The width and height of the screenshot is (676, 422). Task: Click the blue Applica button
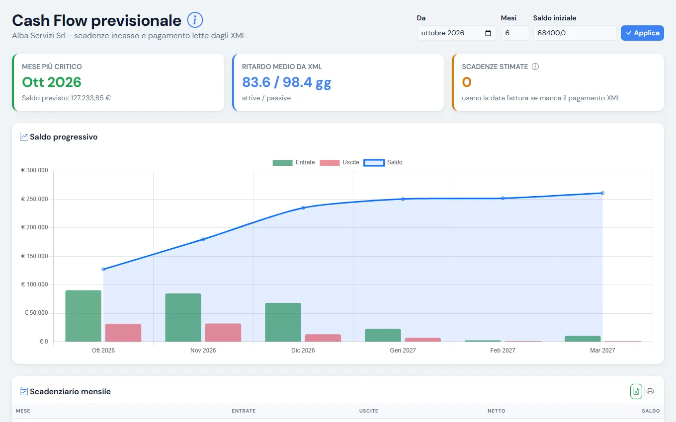pyautogui.click(x=642, y=33)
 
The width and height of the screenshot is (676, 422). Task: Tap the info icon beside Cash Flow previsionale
pyautogui.click(x=195, y=20)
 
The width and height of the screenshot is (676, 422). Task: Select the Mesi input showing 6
pyautogui.click(x=515, y=33)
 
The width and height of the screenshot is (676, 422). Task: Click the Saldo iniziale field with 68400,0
pyautogui.click(x=575, y=33)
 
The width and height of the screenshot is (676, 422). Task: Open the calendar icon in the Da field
pyautogui.click(x=488, y=33)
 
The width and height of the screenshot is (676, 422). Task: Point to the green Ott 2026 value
pyautogui.click(x=52, y=82)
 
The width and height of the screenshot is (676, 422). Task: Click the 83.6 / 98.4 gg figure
pyautogui.click(x=286, y=82)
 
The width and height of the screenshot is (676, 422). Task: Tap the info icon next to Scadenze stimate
pyautogui.click(x=535, y=67)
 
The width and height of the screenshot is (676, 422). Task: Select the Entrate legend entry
pyautogui.click(x=293, y=162)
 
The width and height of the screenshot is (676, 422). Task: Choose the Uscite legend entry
pyautogui.click(x=339, y=162)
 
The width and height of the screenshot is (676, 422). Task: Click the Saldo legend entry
pyautogui.click(x=383, y=162)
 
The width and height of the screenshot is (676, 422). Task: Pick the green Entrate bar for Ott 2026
pyautogui.click(x=84, y=316)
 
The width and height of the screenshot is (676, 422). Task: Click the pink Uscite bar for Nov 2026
pyautogui.click(x=223, y=333)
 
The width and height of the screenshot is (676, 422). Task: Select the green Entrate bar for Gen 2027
pyautogui.click(x=383, y=335)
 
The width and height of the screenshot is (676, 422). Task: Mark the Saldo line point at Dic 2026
pyautogui.click(x=303, y=208)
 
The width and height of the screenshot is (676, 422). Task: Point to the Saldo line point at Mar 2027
pyautogui.click(x=602, y=193)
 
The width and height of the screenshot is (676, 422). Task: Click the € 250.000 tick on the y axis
pyautogui.click(x=34, y=199)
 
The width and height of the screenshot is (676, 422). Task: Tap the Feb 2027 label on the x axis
pyautogui.click(x=503, y=351)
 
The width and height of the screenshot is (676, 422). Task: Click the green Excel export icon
pyautogui.click(x=636, y=392)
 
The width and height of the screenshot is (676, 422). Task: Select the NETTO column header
pyautogui.click(x=496, y=411)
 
